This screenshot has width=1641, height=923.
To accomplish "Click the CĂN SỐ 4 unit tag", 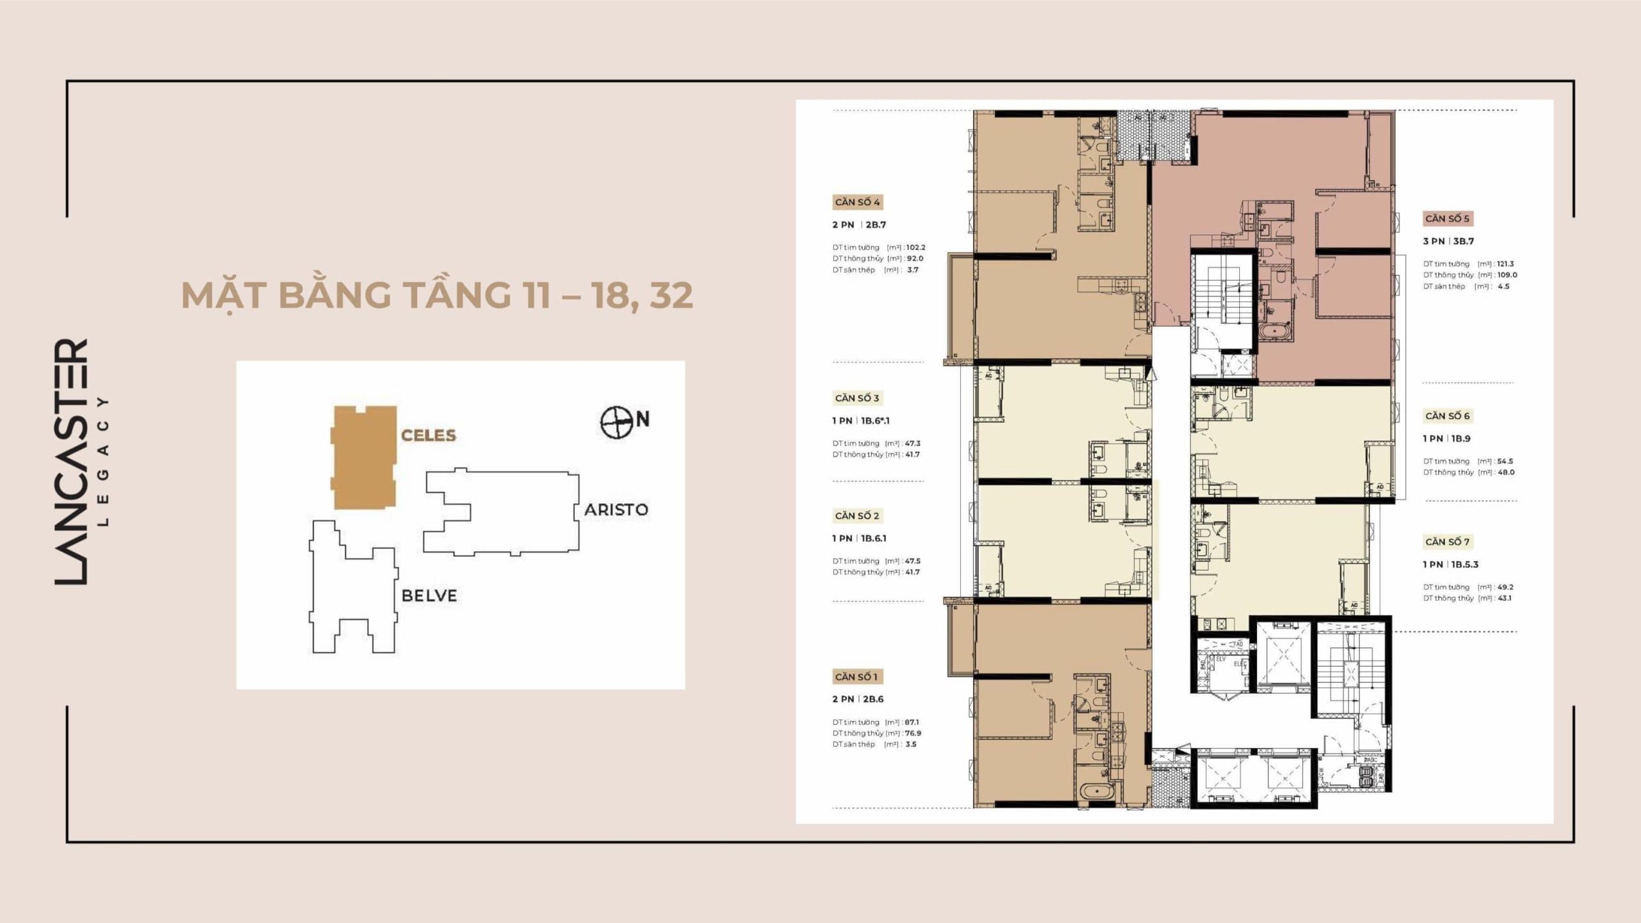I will tap(857, 202).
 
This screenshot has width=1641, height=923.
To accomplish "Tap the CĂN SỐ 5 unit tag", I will tap(1447, 219).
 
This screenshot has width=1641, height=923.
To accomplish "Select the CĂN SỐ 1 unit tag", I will tap(856, 677).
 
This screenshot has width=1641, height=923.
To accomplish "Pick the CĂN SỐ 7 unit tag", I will tap(1447, 542).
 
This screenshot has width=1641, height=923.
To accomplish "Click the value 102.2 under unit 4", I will tap(915, 247).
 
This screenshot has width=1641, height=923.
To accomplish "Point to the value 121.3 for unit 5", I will tap(1504, 264).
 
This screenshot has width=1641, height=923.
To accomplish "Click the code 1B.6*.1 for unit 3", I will tap(875, 421).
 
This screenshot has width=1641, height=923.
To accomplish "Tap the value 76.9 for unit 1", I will tap(913, 733).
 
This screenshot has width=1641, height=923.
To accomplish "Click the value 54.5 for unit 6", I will tap(1503, 462).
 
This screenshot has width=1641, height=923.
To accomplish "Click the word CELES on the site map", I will tap(428, 435).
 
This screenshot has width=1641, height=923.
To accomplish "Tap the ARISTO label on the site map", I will tap(615, 510).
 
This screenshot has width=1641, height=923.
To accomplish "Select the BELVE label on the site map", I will tap(429, 595).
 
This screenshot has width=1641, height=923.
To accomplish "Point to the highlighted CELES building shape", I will tap(363, 458).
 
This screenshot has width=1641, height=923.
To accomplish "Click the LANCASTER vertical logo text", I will tap(71, 462).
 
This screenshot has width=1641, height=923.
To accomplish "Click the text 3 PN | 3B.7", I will tap(1448, 242).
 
